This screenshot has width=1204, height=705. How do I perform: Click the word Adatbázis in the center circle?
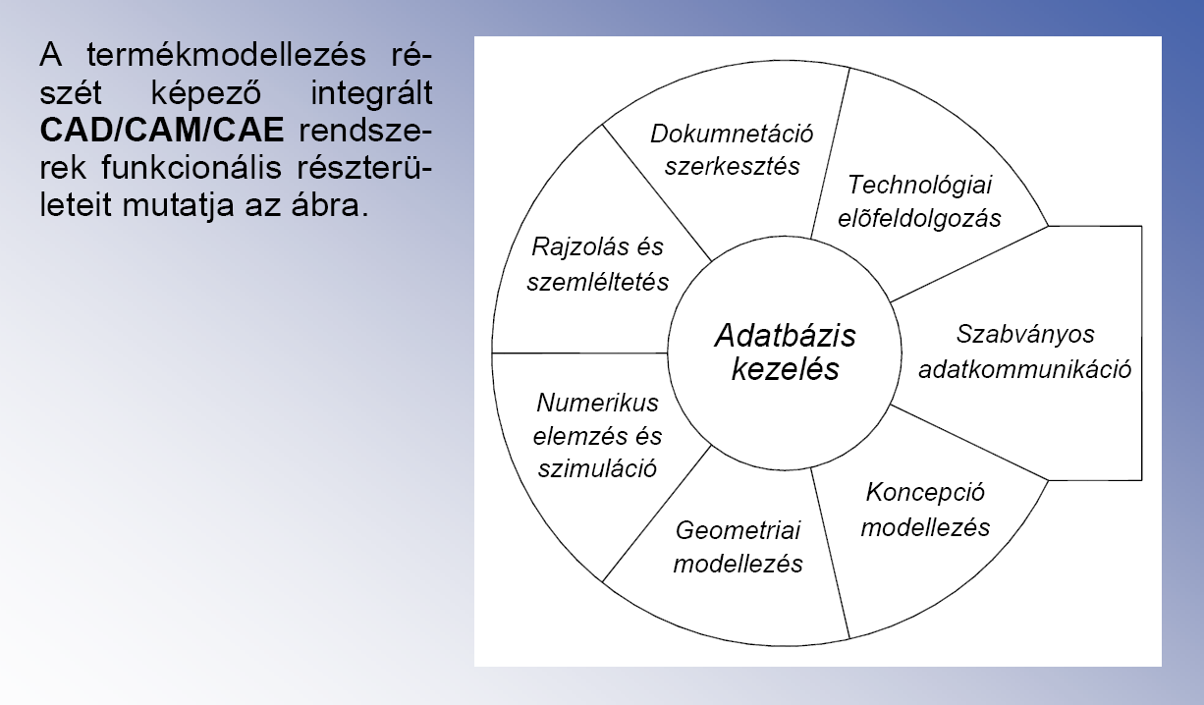coord(785,336)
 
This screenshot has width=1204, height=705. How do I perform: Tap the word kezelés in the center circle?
coord(786,370)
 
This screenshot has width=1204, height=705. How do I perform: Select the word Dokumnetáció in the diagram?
coord(732,134)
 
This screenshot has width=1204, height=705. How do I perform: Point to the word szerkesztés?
coord(732,166)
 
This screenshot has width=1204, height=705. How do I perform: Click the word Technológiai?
coord(919,186)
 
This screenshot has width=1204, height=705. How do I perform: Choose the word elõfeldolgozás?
coord(919,219)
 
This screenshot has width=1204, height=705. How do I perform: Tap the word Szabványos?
coord(1025,335)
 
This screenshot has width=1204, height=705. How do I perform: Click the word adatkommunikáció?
coord(1024,370)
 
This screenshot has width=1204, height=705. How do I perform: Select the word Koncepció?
coord(925,493)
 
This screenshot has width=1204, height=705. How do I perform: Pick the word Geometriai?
coord(738,531)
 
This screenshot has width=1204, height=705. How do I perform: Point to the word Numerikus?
coord(597,403)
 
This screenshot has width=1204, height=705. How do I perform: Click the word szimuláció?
coord(597,468)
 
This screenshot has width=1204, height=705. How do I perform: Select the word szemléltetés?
coord(597,282)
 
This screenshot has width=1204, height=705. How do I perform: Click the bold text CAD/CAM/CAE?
coord(162,130)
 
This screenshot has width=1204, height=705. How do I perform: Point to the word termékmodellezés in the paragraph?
coord(226,55)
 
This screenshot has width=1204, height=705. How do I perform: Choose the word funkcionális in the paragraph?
coord(192,168)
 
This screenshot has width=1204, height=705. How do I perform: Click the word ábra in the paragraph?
coord(330,205)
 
